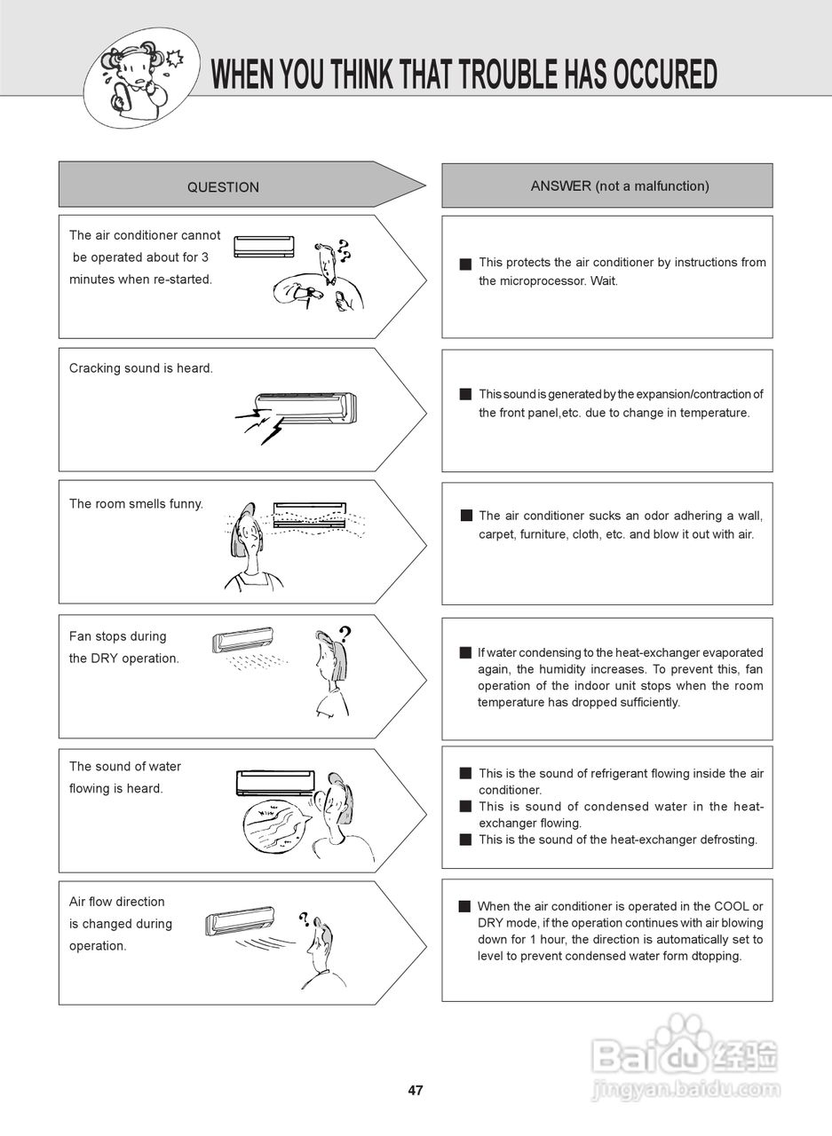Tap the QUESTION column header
(x=223, y=187)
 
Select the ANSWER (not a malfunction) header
(x=619, y=186)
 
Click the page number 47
(x=416, y=1091)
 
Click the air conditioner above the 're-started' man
(x=264, y=246)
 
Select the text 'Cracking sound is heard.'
(x=141, y=368)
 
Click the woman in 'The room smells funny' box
(x=250, y=555)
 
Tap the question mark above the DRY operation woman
(x=345, y=634)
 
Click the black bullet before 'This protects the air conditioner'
(x=464, y=264)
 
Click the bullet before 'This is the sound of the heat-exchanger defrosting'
(x=464, y=840)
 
